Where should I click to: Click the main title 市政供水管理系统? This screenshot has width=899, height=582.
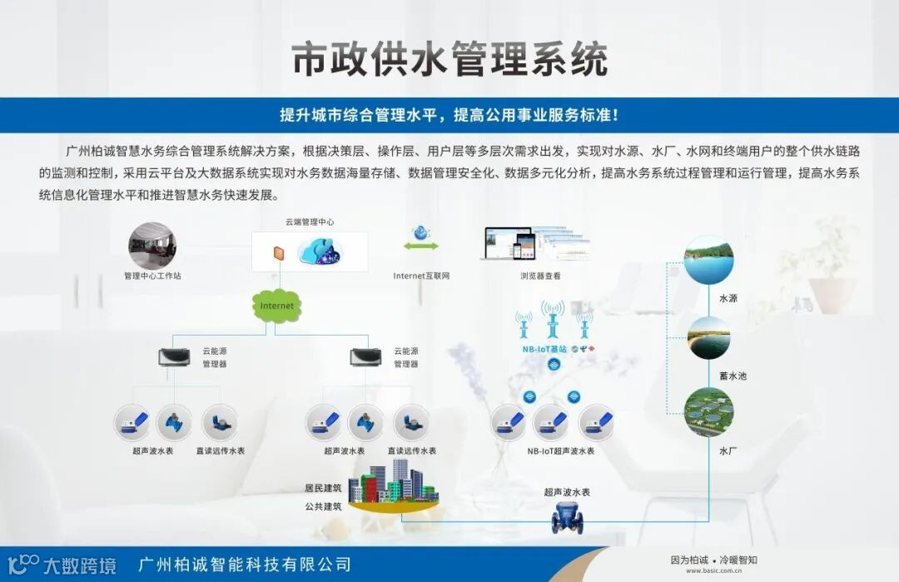pos(449,60)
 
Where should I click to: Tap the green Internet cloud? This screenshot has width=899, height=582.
pos(277,306)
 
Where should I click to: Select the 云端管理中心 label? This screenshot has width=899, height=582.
pos(309,222)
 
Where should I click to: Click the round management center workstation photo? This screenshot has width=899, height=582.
pos(152,245)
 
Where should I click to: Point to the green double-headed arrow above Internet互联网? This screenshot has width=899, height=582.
pos(421,246)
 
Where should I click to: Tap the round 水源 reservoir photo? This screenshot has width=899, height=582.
pos(708,260)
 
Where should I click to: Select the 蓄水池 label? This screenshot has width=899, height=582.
pos(733,376)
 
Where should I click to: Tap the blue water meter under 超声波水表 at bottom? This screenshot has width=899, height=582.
pos(567,519)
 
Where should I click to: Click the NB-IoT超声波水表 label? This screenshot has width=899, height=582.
pos(560,450)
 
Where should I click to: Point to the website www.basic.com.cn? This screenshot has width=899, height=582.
pos(713,573)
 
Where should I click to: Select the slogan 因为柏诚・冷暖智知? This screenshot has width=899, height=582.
pos(713,560)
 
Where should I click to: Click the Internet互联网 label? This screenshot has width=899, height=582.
pos(421,275)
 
